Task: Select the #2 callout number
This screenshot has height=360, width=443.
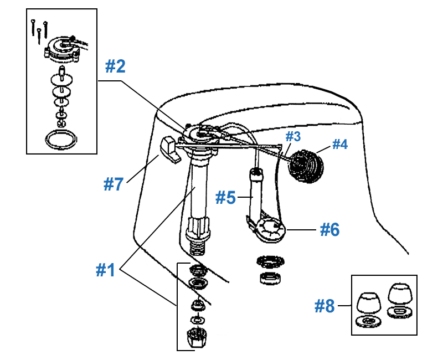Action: tap(116, 66)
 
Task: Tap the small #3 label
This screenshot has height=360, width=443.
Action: tap(292, 136)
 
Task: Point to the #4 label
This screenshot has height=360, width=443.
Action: tap(339, 145)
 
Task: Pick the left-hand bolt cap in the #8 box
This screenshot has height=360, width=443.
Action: tap(367, 302)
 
